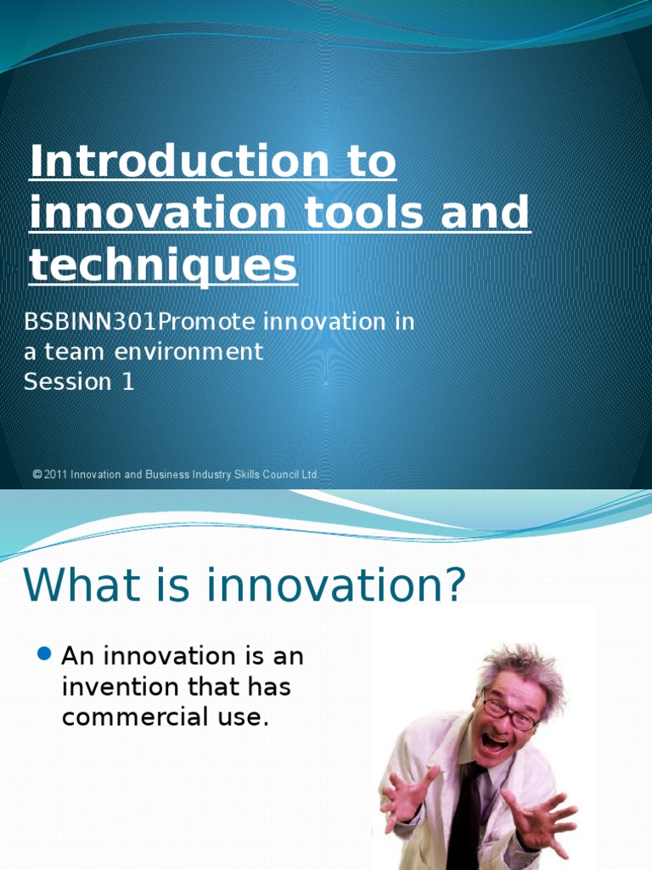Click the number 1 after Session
[127, 381]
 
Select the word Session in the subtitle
[68, 381]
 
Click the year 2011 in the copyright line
[56, 475]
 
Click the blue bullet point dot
[46, 654]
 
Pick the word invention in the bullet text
[119, 686]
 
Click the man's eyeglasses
[509, 712]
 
